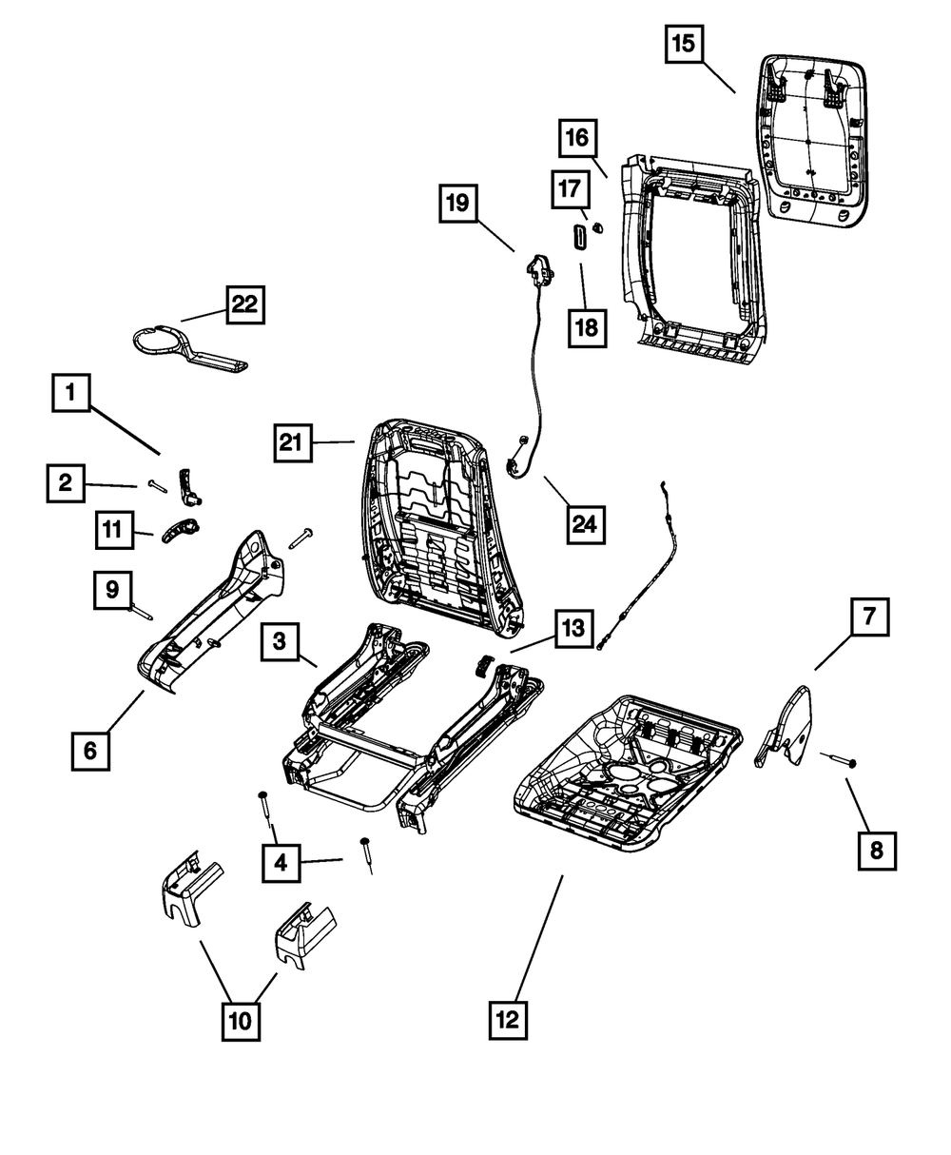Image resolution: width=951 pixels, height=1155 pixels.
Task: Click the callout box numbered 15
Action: [x=685, y=44]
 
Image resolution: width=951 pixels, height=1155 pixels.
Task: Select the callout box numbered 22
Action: [x=244, y=305]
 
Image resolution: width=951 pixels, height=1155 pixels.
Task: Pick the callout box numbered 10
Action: [x=241, y=1020]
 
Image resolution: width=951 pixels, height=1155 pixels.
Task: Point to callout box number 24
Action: [x=588, y=522]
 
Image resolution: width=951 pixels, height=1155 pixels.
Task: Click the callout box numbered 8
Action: [x=876, y=850]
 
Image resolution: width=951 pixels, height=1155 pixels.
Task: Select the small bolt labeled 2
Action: [x=157, y=485]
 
